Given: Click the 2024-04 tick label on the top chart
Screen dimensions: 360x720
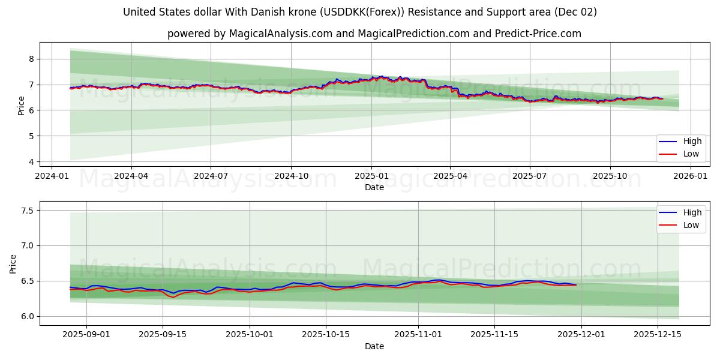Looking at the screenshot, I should [131, 176].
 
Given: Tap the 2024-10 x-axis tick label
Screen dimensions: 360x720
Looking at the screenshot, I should [291, 176].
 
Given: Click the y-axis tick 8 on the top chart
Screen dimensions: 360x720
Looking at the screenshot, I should [32, 59].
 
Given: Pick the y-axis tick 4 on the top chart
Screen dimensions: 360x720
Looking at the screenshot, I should [32, 162].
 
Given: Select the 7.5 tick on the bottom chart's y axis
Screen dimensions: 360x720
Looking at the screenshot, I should [28, 211].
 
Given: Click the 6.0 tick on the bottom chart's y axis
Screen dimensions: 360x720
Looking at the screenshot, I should [28, 316].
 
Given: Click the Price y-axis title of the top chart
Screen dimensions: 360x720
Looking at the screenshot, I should [22, 106].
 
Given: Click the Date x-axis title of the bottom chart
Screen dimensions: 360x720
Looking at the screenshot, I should [374, 346].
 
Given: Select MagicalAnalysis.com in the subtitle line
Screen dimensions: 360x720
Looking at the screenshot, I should [281, 34].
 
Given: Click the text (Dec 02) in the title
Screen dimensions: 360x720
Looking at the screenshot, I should [574, 12].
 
